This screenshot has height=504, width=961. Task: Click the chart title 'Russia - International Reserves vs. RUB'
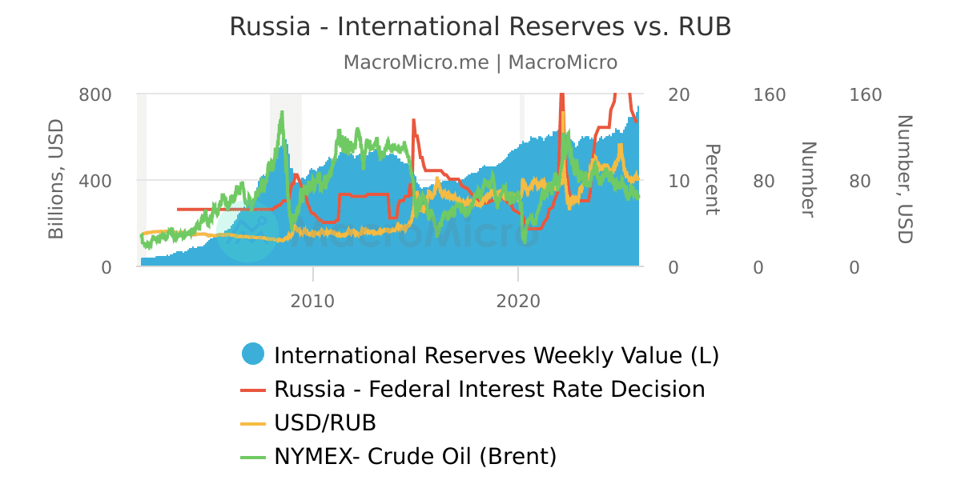coord(480,26)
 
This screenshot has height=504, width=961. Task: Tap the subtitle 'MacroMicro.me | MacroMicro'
coord(480,62)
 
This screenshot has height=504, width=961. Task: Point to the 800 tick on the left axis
coord(95,95)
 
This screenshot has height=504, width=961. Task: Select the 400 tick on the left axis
coord(95,181)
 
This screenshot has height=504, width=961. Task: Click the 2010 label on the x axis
coord(313,302)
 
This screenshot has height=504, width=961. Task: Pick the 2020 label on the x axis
coord(518,302)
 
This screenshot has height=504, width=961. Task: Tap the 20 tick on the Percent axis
coord(678,95)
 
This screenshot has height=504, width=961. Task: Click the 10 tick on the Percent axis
coord(678,181)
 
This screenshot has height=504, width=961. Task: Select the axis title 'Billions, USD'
coord(56,179)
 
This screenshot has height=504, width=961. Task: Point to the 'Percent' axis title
coord(712,179)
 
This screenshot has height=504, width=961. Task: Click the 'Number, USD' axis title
coord(903,179)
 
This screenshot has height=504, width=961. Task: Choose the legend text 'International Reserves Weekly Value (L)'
coord(497,355)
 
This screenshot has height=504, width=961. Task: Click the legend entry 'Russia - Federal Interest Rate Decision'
coord(489,390)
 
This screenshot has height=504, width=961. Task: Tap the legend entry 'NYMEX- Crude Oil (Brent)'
coord(415,457)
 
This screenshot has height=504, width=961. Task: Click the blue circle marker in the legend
coord(253,354)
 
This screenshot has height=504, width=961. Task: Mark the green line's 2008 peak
coord(282,113)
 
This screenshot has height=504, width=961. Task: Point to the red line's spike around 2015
coord(413,121)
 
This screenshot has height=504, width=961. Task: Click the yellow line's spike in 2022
coord(563,114)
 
